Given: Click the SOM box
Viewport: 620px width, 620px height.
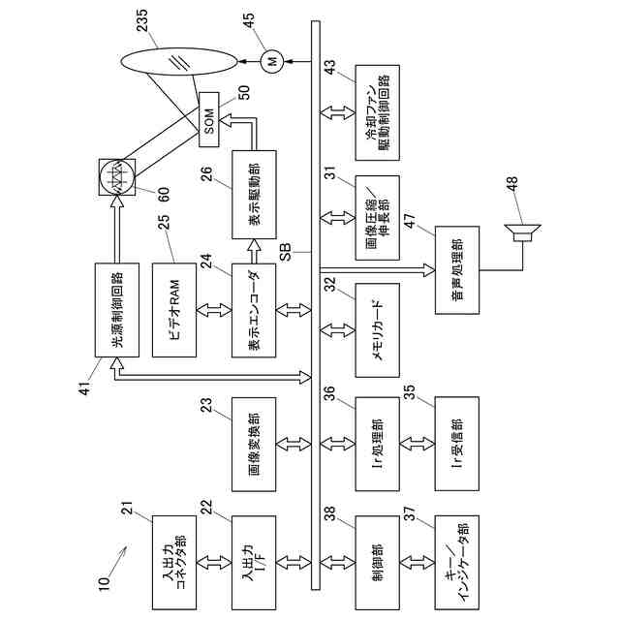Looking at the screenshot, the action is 209,120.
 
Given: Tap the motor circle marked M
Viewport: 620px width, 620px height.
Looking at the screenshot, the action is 272,61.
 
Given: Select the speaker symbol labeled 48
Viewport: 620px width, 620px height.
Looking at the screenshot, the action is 522,232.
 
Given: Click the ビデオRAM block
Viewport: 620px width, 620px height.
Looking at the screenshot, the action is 174,310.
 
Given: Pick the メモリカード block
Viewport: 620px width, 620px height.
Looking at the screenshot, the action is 377,330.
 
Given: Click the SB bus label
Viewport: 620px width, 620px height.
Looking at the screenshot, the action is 286,252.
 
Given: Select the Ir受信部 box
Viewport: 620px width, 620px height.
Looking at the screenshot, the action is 456,444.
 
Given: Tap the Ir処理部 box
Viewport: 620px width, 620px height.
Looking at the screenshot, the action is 377,444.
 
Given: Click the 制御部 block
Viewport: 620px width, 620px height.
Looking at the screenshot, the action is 377,562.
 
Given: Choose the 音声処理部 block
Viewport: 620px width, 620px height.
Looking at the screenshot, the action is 457,270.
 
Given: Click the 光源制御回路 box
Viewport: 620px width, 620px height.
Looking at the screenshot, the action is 117,310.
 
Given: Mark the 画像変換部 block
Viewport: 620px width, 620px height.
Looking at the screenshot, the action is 254,445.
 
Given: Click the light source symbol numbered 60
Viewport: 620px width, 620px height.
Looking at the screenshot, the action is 117,176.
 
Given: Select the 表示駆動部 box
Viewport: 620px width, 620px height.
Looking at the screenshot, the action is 254,195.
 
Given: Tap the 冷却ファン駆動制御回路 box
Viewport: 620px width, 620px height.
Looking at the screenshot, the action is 377,112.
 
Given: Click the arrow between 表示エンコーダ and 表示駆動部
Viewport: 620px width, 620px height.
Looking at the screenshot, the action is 254,251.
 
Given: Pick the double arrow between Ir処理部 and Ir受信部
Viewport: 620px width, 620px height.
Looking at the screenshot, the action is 418,444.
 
